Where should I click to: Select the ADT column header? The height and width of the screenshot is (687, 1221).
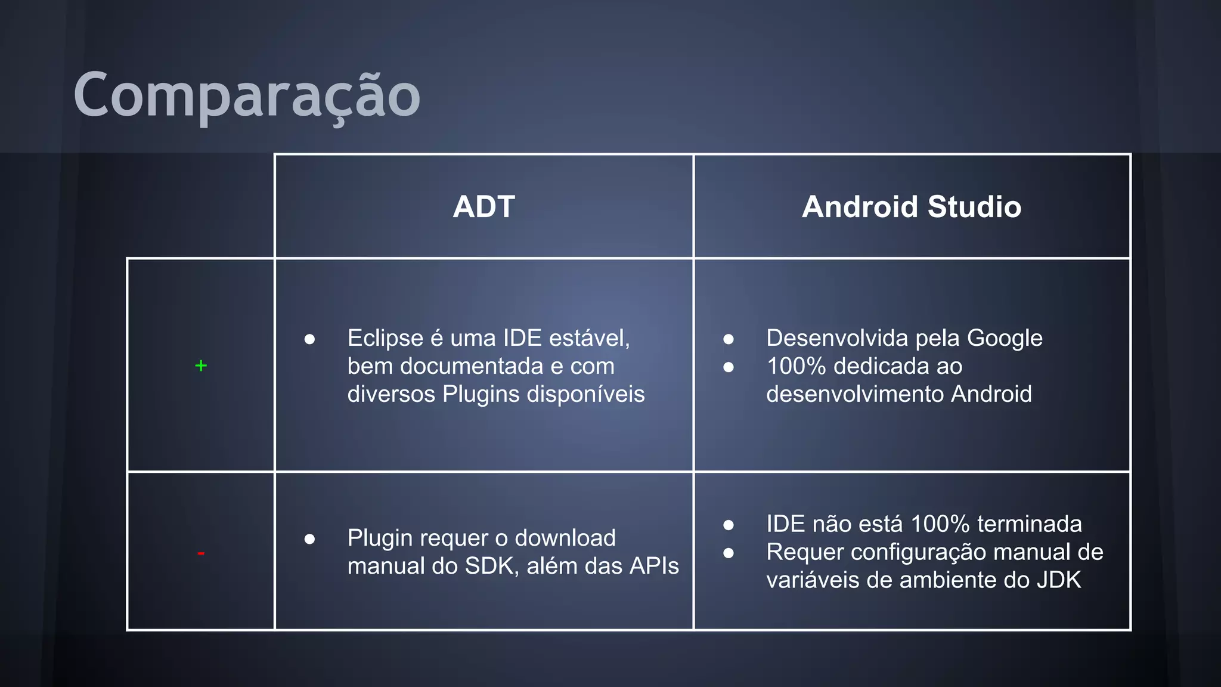[484, 207]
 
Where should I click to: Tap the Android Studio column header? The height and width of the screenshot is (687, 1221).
[912, 207]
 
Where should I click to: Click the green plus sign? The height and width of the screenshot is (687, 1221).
[201, 366]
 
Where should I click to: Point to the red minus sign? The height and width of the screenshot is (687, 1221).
[201, 554]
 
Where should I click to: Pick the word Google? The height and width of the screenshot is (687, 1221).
[1005, 338]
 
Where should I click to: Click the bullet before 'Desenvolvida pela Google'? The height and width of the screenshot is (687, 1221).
[729, 339]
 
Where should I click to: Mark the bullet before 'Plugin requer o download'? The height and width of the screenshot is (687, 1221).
[309, 539]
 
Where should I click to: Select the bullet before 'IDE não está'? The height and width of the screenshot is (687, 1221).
[729, 525]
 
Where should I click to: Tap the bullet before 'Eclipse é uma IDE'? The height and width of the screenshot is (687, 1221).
[309, 339]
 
